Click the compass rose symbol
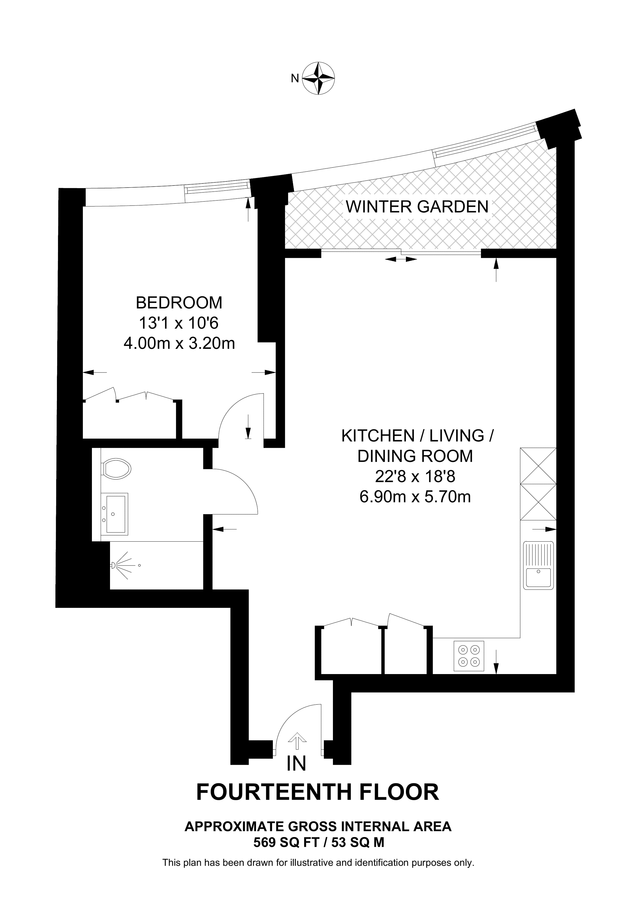point(318,78)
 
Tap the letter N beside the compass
point(295,79)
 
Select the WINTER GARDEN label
point(417,207)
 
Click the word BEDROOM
point(179,303)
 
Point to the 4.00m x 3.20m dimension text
point(179,343)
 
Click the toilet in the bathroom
point(116,469)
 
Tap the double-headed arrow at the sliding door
point(401,259)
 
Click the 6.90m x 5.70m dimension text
point(415,497)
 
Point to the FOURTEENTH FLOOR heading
point(317,792)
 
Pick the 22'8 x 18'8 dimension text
point(415,477)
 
